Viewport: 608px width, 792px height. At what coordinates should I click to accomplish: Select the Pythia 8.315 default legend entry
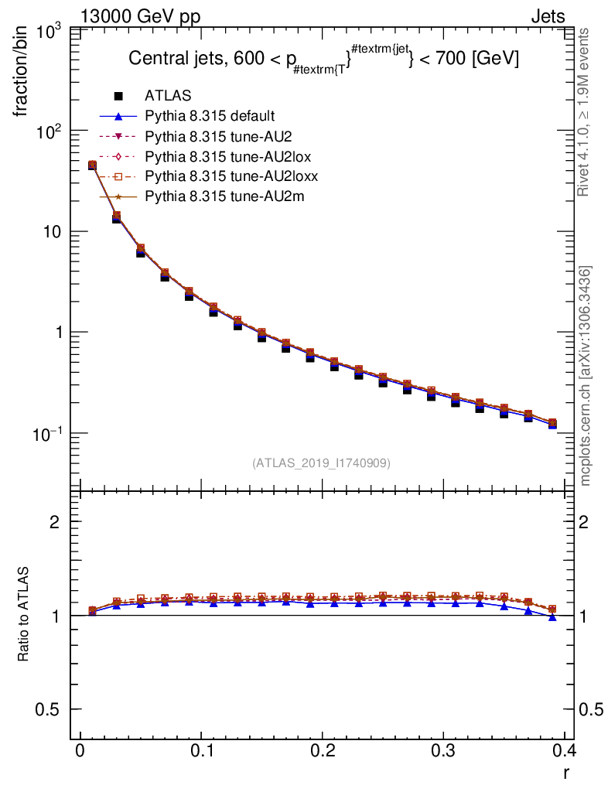(209, 117)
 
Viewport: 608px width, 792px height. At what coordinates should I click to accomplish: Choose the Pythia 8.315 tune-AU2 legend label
(211, 137)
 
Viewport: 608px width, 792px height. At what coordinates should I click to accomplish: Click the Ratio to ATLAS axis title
(23, 614)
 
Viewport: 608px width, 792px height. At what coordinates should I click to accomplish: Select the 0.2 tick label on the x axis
(323, 751)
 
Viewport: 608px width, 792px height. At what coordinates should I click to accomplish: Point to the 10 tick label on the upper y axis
(59, 232)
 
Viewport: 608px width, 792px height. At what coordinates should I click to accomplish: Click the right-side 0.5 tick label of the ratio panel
(593, 709)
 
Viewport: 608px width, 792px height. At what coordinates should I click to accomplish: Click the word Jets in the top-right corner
(548, 15)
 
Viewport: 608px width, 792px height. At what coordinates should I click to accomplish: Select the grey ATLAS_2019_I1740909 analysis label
(321, 463)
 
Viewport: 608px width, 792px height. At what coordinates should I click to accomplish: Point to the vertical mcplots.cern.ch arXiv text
(585, 376)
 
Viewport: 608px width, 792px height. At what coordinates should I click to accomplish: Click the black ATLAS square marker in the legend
(118, 97)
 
